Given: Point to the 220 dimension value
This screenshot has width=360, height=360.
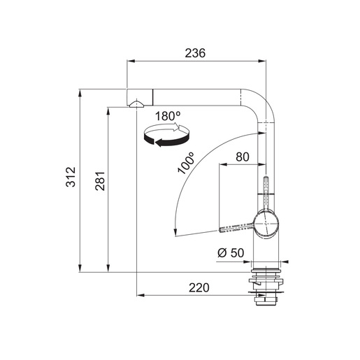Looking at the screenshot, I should [x=199, y=287].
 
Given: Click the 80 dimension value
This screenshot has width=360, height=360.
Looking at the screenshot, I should [x=243, y=157].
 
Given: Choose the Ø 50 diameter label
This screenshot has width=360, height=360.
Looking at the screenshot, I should [x=230, y=253].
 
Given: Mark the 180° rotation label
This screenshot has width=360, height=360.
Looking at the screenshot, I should [x=168, y=116].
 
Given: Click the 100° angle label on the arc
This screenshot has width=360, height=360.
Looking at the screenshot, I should [x=186, y=162].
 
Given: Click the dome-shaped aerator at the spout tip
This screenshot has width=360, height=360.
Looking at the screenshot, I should [x=135, y=104].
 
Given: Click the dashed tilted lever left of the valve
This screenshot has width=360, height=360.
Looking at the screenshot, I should [x=236, y=227].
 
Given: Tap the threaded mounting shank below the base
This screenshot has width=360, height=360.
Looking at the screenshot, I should [x=267, y=287].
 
